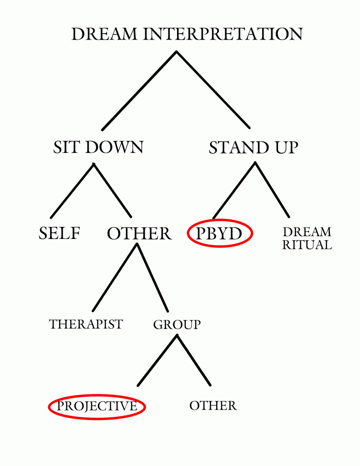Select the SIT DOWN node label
98,147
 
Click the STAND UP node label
254,148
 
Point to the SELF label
60,233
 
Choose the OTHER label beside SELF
139,234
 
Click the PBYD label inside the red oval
219,233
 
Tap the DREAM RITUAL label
307,238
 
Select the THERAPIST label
86,324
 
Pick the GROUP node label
177,325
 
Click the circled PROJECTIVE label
96,406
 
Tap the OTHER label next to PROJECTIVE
213,405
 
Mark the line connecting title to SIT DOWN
139,91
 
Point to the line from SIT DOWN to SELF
72,190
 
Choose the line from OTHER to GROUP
152,278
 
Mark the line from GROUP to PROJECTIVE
157,360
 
